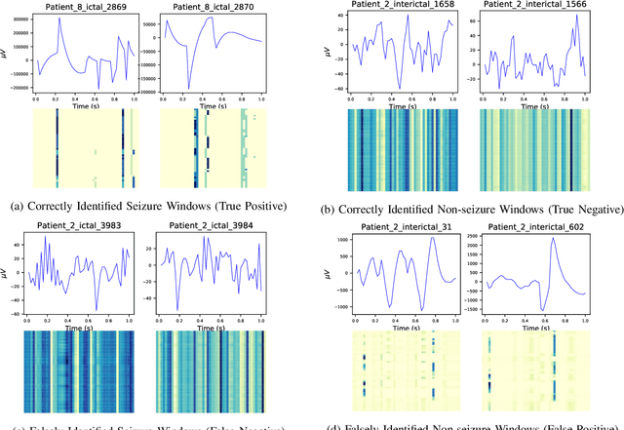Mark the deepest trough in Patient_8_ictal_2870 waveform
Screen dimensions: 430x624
(189, 87)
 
